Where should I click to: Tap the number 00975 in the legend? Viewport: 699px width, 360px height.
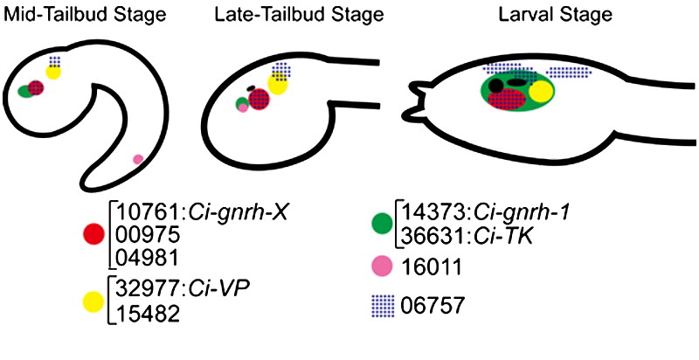pos(142,234)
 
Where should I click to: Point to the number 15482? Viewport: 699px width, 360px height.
pos(142,315)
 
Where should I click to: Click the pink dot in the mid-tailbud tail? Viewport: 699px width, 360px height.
pos(137,159)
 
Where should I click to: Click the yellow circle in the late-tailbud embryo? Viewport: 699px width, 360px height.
pos(278,84)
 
